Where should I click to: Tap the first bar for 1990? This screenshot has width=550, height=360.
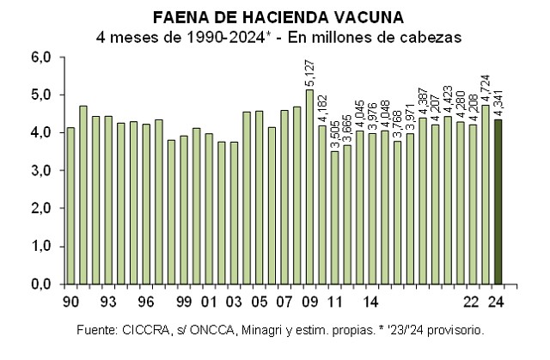70,205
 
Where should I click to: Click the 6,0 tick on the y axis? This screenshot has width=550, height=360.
43,58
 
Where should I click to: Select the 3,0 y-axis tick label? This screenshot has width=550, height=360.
43,171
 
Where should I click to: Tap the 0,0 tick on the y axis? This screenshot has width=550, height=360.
43,284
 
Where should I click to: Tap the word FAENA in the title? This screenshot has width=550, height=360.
176,18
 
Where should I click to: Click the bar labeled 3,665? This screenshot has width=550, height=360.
347,214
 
